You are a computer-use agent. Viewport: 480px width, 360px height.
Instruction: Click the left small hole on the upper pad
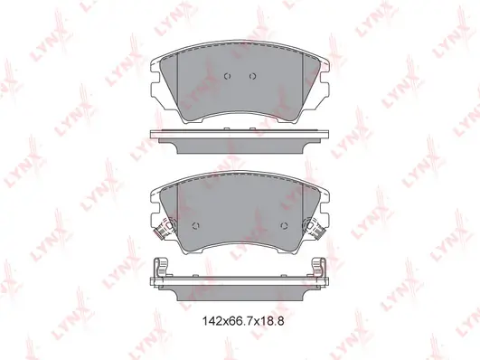pos(227,76)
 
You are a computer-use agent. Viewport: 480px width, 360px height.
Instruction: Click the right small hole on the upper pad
pos(252,76)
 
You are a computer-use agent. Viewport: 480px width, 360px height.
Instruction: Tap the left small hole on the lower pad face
pos(196,226)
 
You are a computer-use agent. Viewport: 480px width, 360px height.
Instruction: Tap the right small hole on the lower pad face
pos(284,226)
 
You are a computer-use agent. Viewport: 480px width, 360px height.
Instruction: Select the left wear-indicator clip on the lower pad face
pos(165,228)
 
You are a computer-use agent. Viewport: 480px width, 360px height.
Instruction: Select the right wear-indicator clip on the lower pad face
pos(315,228)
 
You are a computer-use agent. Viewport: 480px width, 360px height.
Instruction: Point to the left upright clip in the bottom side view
pos(161,268)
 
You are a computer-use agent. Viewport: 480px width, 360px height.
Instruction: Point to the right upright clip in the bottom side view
pos(319,268)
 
